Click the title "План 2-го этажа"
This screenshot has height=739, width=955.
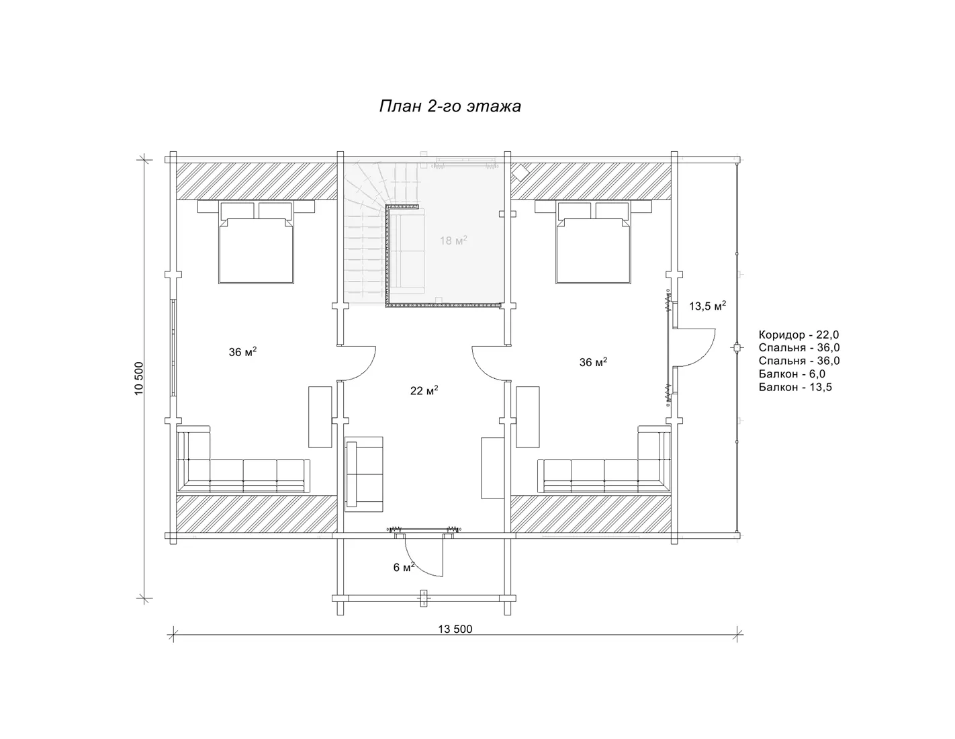[450, 106]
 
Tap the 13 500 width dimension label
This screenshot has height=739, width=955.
[455, 629]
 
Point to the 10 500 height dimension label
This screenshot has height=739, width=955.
[139, 378]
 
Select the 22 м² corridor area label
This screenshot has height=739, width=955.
[424, 390]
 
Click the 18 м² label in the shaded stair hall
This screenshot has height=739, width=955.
[453, 240]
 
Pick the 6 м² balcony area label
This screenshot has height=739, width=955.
[404, 567]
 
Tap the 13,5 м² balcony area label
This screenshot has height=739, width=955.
[707, 306]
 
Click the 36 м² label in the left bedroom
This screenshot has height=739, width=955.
[242, 351]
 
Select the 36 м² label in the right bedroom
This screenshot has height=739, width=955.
[593, 362]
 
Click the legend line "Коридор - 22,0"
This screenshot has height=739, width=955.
[799, 335]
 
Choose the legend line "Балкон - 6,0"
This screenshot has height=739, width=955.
[792, 374]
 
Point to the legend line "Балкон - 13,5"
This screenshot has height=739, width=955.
[795, 388]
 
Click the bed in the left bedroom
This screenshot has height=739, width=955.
[257, 242]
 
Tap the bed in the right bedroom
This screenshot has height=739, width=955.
[593, 242]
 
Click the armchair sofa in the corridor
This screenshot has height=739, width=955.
[363, 474]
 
